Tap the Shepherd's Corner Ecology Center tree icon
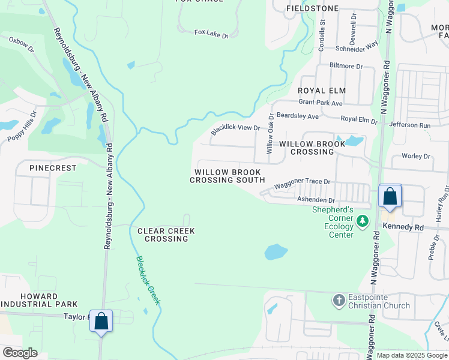pos(362,222)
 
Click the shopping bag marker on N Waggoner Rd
pos(390,197)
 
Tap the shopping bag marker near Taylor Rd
pos(101,321)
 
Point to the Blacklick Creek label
pos(148,280)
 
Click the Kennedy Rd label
pos(402,228)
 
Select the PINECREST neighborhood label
pos(53,169)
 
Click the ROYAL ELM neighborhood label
pos(322,91)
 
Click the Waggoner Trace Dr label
pos(303,182)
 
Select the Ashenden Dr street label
pos(315,199)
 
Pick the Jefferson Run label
pos(410,125)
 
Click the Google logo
pos(20,353)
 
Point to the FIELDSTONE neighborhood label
pos(312,8)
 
